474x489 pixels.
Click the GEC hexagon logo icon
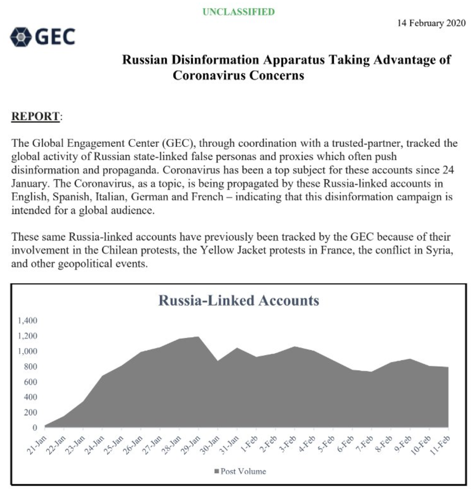[x=20, y=36]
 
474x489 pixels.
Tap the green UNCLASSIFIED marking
[x=238, y=12]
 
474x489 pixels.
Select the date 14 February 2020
[x=432, y=23]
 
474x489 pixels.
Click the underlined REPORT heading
[x=35, y=116]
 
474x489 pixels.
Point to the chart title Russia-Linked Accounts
[x=238, y=300]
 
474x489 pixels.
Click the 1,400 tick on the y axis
[x=27, y=320]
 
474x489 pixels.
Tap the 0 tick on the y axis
[x=35, y=427]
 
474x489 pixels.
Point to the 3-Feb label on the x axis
[x=287, y=445]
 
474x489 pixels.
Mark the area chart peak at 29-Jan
[x=198, y=337]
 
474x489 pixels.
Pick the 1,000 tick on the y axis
[x=27, y=351]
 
